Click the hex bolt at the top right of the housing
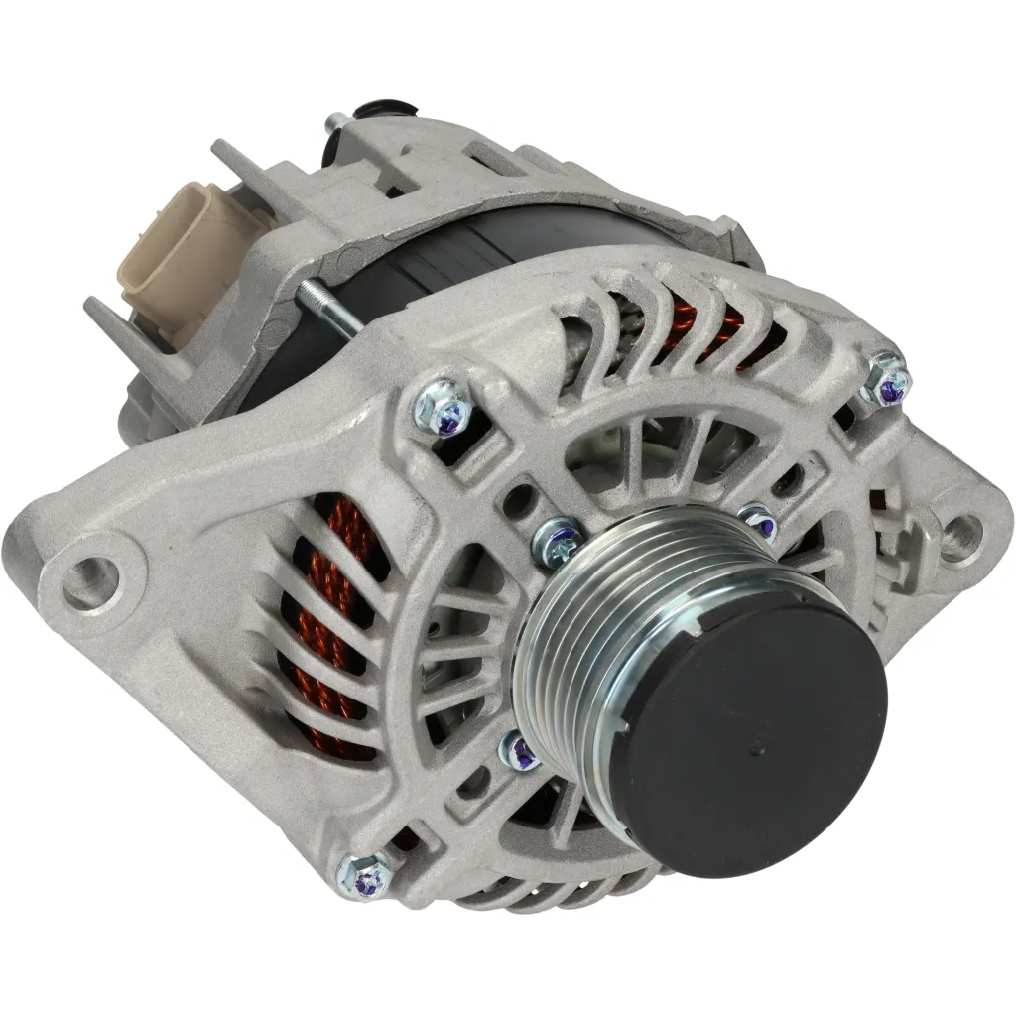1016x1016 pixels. pyautogui.click(x=886, y=379)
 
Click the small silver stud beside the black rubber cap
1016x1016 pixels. pyautogui.click(x=334, y=123)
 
